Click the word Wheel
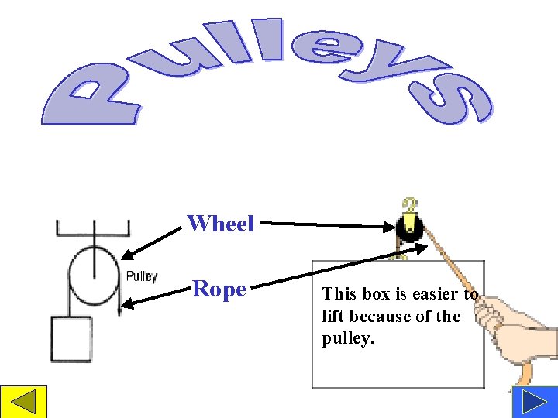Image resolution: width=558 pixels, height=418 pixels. (221, 224)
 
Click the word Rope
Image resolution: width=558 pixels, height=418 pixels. (219, 290)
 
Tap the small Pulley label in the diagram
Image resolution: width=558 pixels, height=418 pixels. (142, 276)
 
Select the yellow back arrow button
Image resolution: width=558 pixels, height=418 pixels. (23, 403)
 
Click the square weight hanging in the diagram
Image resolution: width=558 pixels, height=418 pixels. (71, 339)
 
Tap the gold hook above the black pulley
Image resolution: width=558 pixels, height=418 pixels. (408, 204)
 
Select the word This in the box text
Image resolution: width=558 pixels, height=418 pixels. (338, 294)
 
